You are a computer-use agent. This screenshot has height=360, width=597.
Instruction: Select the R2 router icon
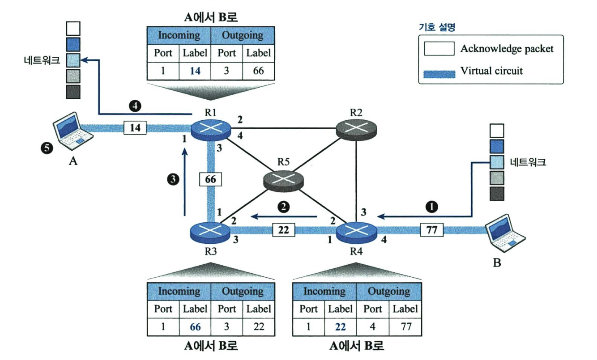(356, 130)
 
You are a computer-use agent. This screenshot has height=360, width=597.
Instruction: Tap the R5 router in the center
(283, 181)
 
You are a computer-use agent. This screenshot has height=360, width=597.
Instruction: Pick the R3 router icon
(210, 233)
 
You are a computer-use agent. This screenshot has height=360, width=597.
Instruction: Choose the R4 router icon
(356, 233)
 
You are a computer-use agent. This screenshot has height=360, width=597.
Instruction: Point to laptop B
(504, 233)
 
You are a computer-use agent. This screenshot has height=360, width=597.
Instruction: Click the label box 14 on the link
(135, 128)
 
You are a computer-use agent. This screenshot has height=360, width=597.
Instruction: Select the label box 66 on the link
(210, 179)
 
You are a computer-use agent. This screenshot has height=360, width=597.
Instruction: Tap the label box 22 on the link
(284, 230)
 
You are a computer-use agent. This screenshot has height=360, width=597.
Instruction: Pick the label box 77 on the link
(432, 230)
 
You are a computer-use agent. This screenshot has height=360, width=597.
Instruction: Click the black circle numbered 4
(135, 106)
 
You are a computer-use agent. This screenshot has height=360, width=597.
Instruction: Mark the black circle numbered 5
(47, 148)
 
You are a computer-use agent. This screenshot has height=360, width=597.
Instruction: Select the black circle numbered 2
(284, 207)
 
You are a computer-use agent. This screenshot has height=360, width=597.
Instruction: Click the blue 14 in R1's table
(195, 71)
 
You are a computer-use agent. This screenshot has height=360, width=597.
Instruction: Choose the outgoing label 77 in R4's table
(406, 326)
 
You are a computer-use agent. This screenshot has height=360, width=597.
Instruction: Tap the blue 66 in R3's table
(195, 327)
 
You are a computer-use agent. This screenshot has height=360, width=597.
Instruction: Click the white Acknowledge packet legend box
(439, 48)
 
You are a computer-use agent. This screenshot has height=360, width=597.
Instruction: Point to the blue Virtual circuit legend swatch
(439, 74)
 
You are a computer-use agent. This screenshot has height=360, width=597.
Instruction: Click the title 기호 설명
(437, 27)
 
